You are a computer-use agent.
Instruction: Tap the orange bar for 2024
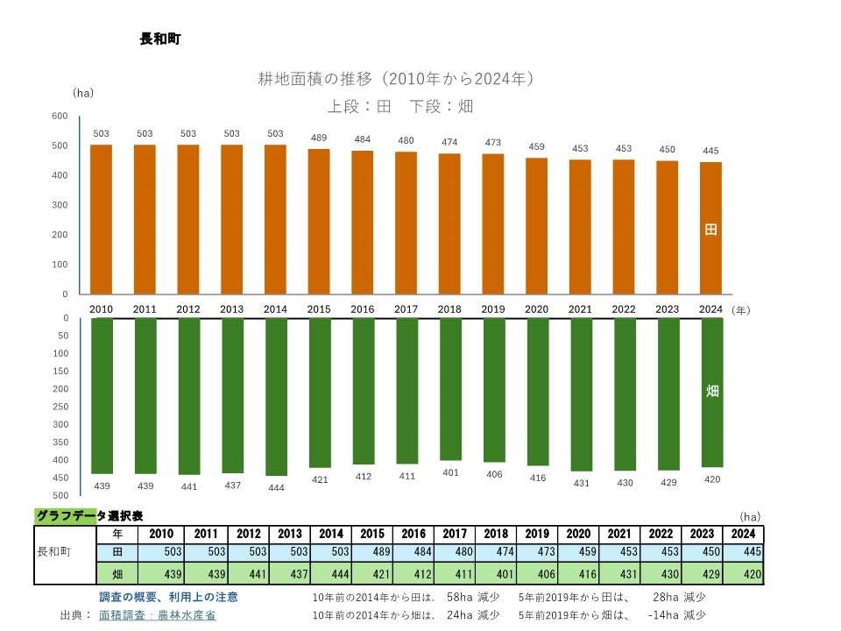pos(710,228)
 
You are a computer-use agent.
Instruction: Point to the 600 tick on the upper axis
pos(60,116)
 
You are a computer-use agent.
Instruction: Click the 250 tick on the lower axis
pos(60,407)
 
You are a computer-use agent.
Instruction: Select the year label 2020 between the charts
pos(536,309)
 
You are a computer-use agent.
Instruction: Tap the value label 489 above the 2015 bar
pos(319,138)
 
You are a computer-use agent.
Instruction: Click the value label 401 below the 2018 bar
pos(449,472)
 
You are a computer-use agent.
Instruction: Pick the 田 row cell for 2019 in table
pos(537,553)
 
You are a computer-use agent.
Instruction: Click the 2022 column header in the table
pos(661,534)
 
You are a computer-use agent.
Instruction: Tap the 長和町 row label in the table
pos(54,553)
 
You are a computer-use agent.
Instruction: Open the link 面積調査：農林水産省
pos(158,615)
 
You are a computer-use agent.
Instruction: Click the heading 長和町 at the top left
pos(160,39)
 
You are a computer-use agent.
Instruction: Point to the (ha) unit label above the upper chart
pos(83,92)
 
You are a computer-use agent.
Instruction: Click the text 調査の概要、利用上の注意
pos(168,597)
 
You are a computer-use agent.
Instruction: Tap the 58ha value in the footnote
pos(460,597)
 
